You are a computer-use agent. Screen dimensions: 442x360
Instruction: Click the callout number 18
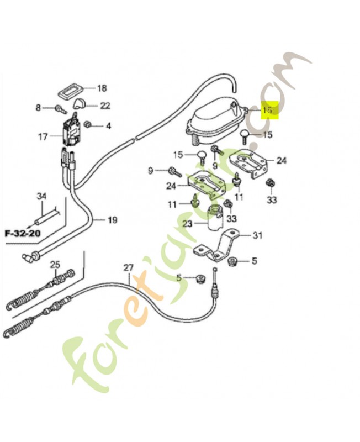point(102,88)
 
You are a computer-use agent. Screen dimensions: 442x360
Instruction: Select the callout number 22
point(105,106)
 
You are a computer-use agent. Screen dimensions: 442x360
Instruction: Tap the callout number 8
point(38,108)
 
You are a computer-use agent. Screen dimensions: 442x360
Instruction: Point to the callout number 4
point(108,126)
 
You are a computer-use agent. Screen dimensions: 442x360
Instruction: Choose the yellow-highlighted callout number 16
point(268,110)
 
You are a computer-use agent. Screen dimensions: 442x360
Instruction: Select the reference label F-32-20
point(23,233)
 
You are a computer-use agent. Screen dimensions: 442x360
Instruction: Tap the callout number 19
point(112,220)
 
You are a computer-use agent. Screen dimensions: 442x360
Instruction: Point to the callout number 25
point(55,263)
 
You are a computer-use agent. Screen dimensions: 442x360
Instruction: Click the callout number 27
point(128,268)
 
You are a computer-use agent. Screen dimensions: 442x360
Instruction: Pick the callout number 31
point(257,236)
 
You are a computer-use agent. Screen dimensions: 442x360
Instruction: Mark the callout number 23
point(187,224)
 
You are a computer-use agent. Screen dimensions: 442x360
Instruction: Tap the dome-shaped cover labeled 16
point(213,119)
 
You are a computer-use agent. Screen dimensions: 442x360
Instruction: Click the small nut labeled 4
point(89,125)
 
